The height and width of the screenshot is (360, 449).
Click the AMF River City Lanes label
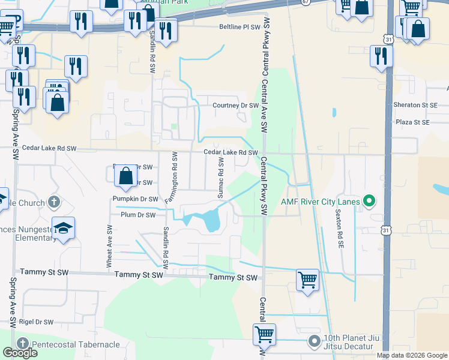(321, 201)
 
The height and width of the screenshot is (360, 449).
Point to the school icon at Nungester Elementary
(63, 228)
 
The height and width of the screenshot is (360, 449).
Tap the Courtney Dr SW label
(235, 106)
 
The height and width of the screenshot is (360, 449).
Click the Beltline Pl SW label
(240, 27)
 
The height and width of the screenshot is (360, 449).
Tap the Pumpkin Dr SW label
(135, 199)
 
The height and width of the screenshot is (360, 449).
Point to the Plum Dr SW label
(138, 214)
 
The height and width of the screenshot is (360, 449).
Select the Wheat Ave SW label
(109, 245)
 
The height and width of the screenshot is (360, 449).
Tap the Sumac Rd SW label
(220, 179)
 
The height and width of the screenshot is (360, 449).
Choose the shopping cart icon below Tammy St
(307, 279)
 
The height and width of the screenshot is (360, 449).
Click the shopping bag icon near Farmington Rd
(125, 176)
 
